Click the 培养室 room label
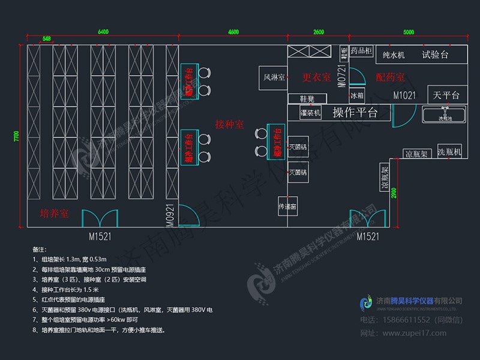coord(54,214)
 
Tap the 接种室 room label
coord(230,124)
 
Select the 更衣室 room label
coord(316,77)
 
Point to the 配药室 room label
coord(390,77)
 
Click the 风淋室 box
coord(273,77)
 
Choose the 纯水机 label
coord(393,55)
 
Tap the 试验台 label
coord(435,55)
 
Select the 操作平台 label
coord(355,112)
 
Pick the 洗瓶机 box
coord(449,153)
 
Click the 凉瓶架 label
coord(416,154)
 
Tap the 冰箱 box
coord(357,95)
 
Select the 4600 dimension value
coord(233,32)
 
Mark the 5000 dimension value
coord(409,32)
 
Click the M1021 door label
coord(405,95)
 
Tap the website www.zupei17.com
coord(413,332)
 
